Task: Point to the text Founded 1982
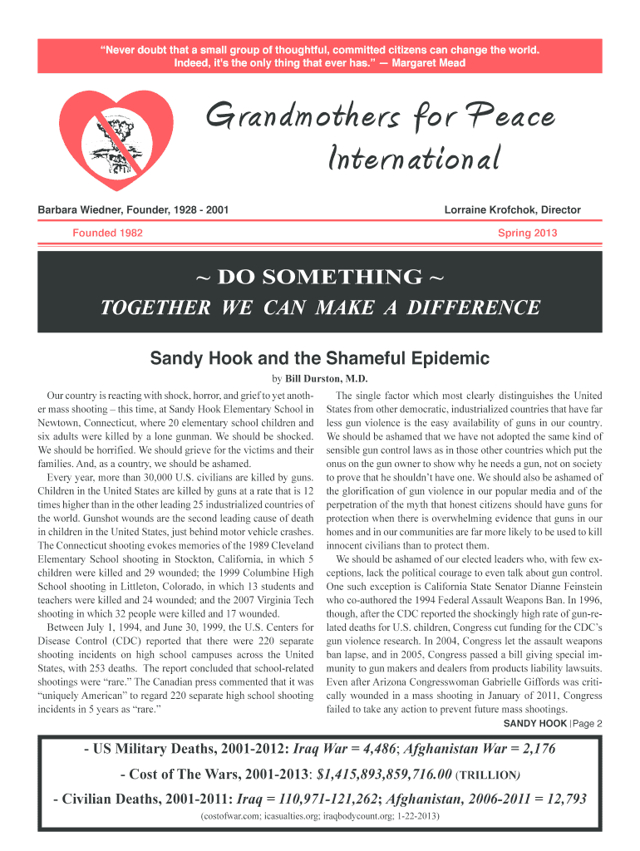[107, 233]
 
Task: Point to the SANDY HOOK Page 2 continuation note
[553, 723]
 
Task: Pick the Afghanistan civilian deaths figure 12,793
[559, 799]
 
